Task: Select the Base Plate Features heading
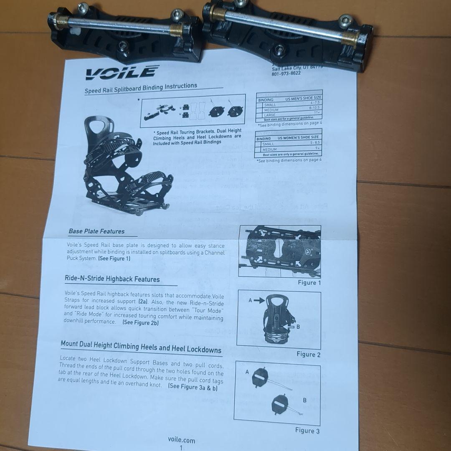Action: coord(96,231)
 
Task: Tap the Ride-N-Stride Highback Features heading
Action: coord(112,279)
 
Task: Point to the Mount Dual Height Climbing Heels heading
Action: coord(141,347)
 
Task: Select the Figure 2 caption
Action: coord(308,354)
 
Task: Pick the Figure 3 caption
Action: coord(307,430)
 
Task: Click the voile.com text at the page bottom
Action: coord(181,440)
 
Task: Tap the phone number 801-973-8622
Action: coord(286,73)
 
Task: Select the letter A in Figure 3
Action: coord(247,371)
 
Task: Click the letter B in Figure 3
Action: coord(304,400)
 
